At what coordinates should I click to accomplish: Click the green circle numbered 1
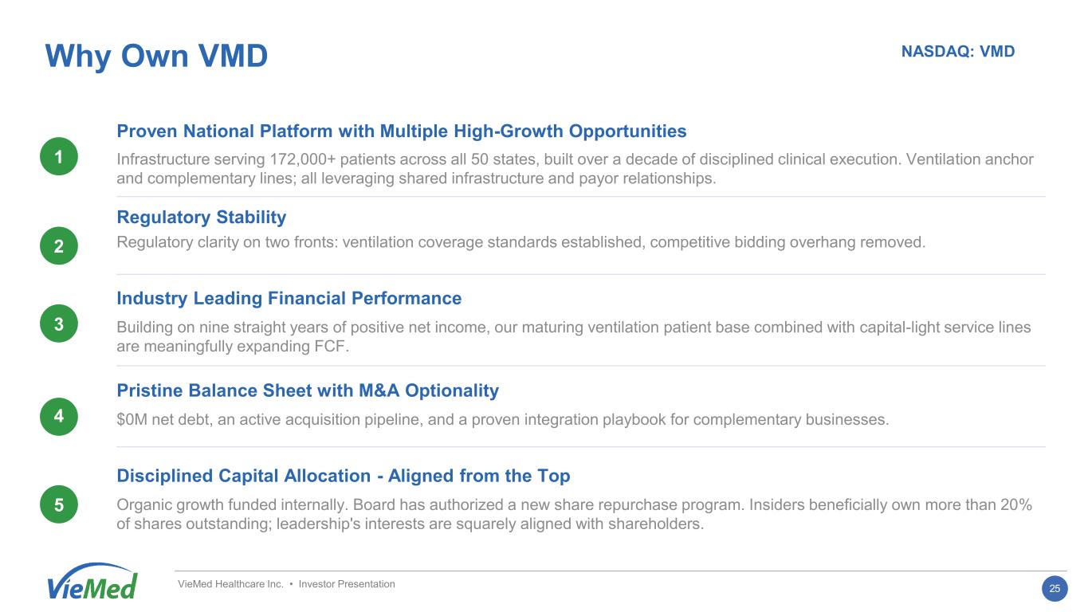(59, 156)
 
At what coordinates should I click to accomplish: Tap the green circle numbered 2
(59, 245)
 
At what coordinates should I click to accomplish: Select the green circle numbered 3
(59, 324)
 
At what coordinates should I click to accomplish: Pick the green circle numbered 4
(59, 416)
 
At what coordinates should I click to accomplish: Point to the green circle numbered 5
(59, 504)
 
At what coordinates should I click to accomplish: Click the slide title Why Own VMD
(156, 56)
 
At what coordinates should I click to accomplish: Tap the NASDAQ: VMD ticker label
(958, 52)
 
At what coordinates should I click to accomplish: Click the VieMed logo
(92, 582)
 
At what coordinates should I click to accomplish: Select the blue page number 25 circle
(1055, 589)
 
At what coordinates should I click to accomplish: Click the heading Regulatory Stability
(202, 218)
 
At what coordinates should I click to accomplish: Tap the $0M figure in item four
(132, 419)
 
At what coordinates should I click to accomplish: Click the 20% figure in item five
(1016, 504)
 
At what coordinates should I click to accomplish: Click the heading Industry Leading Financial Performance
(289, 298)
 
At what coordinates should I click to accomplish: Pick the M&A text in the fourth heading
(379, 390)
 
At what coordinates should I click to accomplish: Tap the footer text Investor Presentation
(347, 584)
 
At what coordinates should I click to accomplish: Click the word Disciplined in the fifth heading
(165, 476)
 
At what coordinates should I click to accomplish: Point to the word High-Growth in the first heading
(508, 131)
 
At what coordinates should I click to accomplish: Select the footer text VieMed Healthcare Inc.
(230, 584)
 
